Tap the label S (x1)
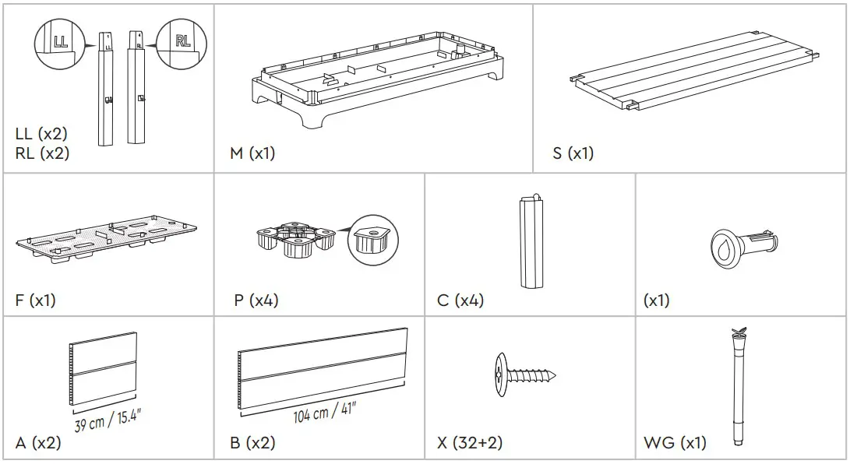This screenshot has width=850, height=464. (x=573, y=153)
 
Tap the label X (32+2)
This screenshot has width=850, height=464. (x=470, y=443)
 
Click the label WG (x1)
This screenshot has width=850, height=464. (x=675, y=443)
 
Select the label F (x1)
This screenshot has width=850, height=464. (x=35, y=301)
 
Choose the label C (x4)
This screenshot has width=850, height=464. (x=460, y=301)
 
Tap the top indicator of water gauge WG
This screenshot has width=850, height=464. (x=736, y=335)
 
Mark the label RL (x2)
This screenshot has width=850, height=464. (x=42, y=153)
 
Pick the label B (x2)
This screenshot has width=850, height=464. (x=252, y=443)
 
